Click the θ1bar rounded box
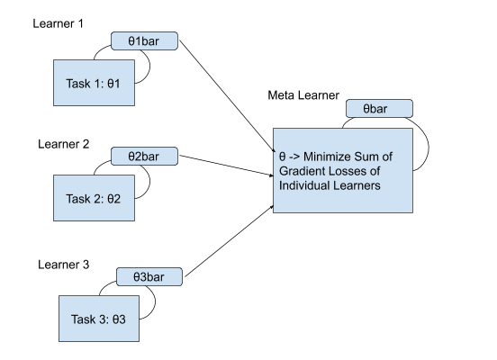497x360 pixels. click(145, 40)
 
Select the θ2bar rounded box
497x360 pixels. click(145, 157)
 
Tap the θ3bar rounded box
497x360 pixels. click(149, 276)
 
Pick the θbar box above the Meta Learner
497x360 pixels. click(379, 109)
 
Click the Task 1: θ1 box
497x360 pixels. click(95, 83)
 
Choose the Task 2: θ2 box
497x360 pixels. click(95, 198)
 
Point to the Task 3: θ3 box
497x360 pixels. click(99, 319)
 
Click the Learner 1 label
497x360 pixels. click(58, 23)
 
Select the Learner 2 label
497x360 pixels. click(63, 144)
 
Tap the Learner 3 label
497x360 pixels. click(63, 265)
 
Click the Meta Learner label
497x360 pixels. click(303, 95)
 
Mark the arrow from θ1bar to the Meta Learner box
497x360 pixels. click(227, 96)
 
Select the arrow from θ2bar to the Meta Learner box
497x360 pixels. click(226, 166)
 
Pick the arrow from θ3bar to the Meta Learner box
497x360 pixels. click(230, 241)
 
